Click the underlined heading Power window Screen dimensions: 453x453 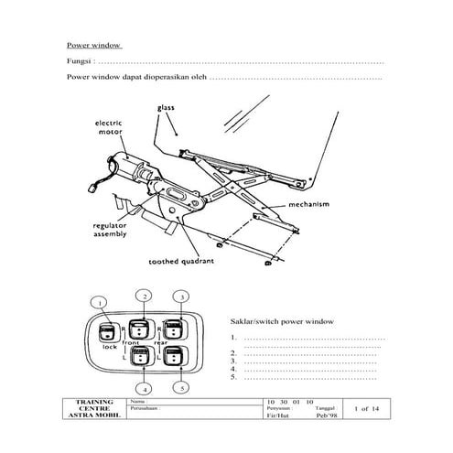94,45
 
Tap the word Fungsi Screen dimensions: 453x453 79,61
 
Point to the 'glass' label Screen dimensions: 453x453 165,107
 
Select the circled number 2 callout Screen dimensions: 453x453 143,295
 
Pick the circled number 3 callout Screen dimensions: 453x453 183,297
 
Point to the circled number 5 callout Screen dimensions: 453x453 185,388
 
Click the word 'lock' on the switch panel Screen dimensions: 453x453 109,349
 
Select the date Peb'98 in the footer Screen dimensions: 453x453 326,416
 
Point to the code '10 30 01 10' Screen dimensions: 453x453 288,402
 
